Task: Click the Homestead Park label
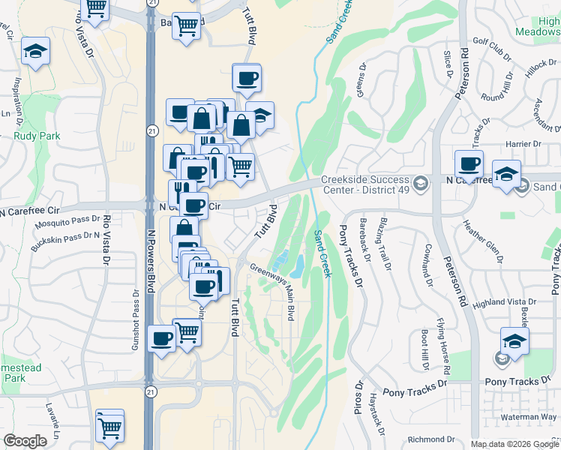click(x=20, y=373)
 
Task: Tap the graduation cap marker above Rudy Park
click(x=35, y=52)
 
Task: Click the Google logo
click(x=25, y=441)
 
